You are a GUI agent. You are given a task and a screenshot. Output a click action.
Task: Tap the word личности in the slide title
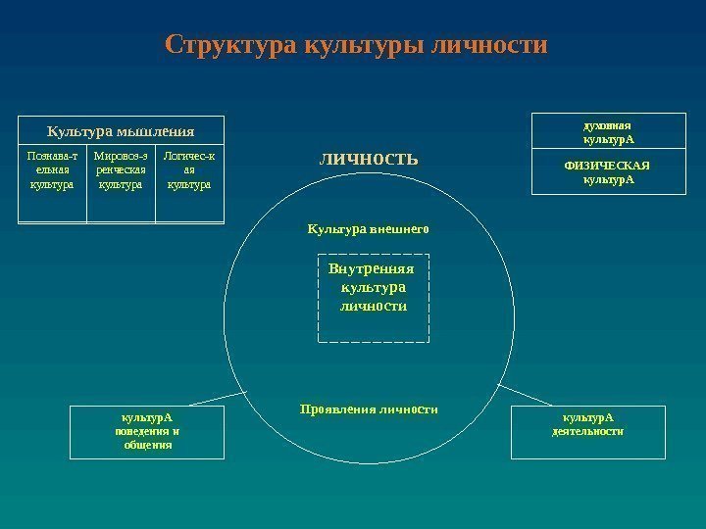488,46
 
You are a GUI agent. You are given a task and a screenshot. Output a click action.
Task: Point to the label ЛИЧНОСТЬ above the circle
368,159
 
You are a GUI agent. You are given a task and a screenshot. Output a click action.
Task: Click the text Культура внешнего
369,228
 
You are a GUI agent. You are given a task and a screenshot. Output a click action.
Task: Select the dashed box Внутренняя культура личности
374,299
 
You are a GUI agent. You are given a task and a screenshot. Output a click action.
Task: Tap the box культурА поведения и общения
147,431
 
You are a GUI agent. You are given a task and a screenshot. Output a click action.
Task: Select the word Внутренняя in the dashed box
374,268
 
